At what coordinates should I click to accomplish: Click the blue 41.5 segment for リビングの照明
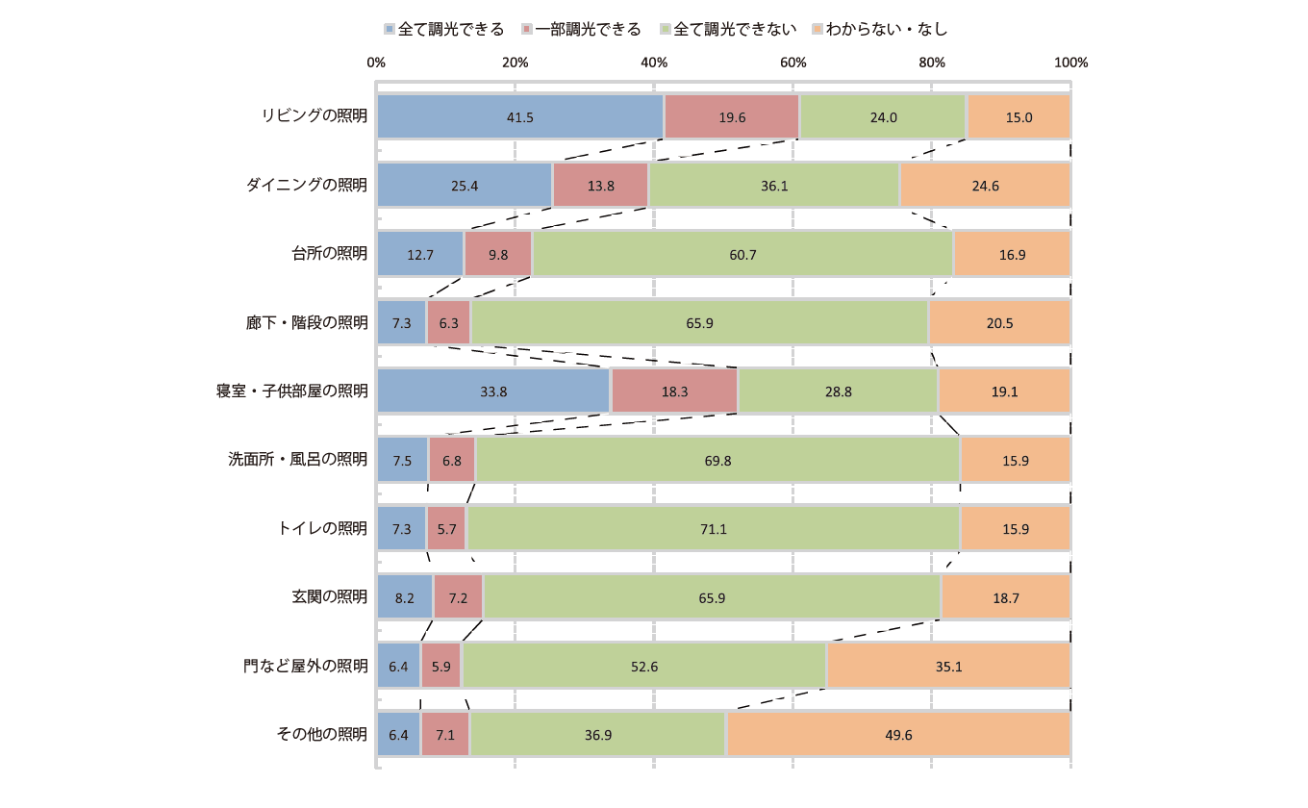coord(520,116)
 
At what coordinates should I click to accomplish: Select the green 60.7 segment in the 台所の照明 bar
coord(742,254)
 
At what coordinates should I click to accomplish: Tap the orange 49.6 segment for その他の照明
coord(898,735)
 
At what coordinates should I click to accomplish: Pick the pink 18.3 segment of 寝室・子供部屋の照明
coord(674,391)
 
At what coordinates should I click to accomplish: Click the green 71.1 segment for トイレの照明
coord(713,528)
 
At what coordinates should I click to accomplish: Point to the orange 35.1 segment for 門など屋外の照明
coord(948,666)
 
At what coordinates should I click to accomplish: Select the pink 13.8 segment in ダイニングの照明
coord(600,186)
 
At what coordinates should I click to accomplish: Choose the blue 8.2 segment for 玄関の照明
coord(405,597)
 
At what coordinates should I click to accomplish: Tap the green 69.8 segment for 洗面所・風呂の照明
coord(717,460)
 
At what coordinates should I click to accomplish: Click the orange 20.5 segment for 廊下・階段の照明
coord(999,323)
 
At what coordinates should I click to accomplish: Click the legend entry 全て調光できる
coord(443,29)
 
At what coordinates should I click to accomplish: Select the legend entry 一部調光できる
coord(581,29)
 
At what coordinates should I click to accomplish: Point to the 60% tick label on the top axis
coord(792,63)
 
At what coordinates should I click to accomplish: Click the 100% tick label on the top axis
coord(1070,63)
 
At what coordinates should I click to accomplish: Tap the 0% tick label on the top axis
coord(376,63)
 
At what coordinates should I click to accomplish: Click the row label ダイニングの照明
coord(307,186)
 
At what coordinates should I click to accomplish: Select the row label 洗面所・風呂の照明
coord(297,460)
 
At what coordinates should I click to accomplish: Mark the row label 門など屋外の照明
coord(305,666)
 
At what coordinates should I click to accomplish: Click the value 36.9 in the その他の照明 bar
coord(597,735)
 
